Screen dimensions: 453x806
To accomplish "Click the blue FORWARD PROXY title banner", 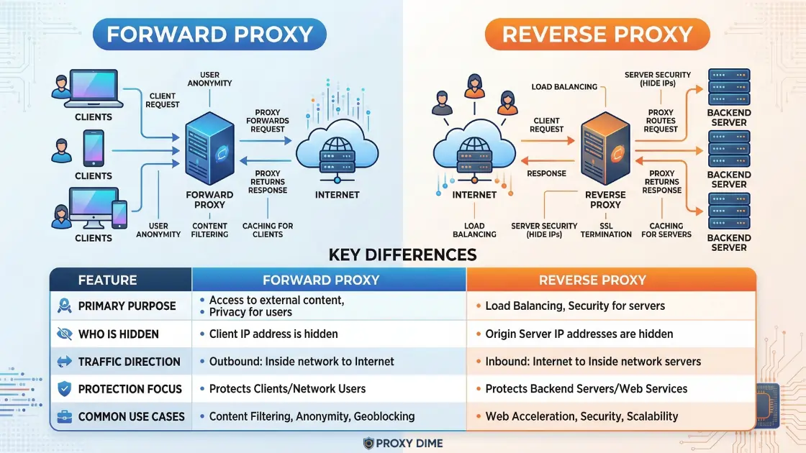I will pyautogui.click(x=209, y=34).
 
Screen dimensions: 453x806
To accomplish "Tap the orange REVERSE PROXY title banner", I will pyautogui.click(x=597, y=34).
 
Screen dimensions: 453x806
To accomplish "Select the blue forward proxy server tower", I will pyautogui.click(x=209, y=152).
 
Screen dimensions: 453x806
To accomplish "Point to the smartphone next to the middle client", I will pyautogui.click(x=94, y=148).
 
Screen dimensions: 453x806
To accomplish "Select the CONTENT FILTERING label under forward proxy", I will pyautogui.click(x=210, y=230).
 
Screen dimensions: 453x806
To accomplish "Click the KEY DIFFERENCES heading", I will pyautogui.click(x=402, y=255).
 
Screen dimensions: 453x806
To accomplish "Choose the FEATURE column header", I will pyautogui.click(x=107, y=280).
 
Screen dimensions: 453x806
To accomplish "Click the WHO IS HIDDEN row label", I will pyautogui.click(x=118, y=334).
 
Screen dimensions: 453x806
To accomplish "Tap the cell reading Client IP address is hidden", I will pyautogui.click(x=273, y=334).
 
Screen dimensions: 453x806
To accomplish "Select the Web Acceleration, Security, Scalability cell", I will pyautogui.click(x=581, y=416).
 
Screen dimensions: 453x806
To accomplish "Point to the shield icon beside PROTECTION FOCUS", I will pyautogui.click(x=63, y=389).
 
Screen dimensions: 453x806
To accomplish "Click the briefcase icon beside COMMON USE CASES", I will pyautogui.click(x=63, y=416).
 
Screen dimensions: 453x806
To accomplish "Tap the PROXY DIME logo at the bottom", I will pyautogui.click(x=403, y=443).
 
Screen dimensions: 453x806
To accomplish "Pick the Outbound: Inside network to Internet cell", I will pyautogui.click(x=302, y=361).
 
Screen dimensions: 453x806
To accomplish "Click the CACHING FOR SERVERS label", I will pyautogui.click(x=666, y=230).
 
